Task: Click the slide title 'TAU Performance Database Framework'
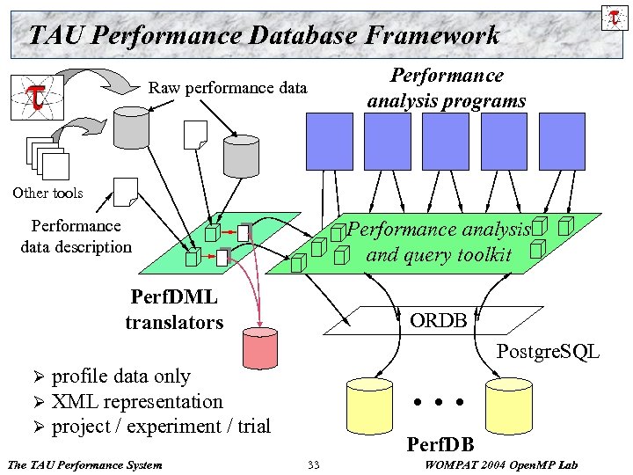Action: pyautogui.click(x=264, y=35)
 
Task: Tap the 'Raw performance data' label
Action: pyautogui.click(x=228, y=88)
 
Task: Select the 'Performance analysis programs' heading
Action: pyautogui.click(x=447, y=88)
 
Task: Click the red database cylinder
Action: pyautogui.click(x=259, y=347)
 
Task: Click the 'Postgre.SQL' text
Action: pyautogui.click(x=548, y=352)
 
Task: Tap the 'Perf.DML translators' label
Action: pyautogui.click(x=174, y=310)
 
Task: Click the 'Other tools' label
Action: pyautogui.click(x=47, y=193)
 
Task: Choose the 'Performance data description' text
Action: pyautogui.click(x=76, y=237)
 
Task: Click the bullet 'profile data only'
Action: pyautogui.click(x=120, y=376)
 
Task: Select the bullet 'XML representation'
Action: pyautogui.click(x=136, y=401)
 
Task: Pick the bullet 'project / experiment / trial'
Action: pyautogui.click(x=161, y=427)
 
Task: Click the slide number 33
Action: pyautogui.click(x=314, y=464)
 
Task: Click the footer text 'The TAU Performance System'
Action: pyautogui.click(x=84, y=464)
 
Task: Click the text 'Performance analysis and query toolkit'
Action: pyautogui.click(x=439, y=242)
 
